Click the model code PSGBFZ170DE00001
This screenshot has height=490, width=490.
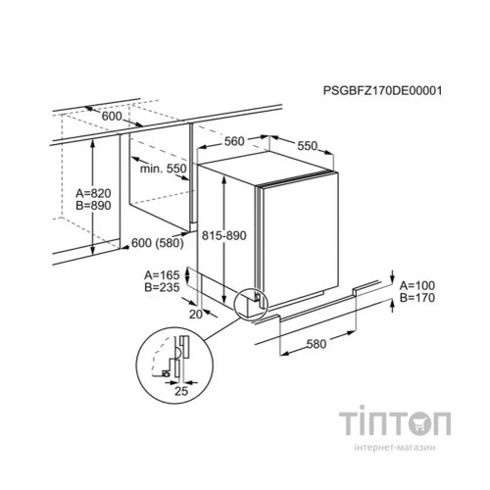click(382, 90)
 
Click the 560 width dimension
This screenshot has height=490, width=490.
click(234, 141)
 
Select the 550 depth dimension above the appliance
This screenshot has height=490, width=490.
click(307, 146)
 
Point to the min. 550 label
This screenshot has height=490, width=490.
click(163, 169)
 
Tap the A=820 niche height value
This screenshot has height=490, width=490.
click(93, 193)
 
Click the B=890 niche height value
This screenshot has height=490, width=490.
click(93, 206)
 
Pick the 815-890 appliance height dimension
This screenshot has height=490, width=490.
click(223, 235)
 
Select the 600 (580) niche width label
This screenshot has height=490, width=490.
click(157, 243)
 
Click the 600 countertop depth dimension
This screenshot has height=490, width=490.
click(112, 116)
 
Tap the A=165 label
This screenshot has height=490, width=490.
click(162, 275)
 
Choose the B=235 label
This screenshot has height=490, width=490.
click(162, 287)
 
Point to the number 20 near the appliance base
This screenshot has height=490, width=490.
click(196, 315)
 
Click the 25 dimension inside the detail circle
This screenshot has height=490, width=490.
click(181, 391)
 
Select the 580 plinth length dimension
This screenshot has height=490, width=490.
click(317, 344)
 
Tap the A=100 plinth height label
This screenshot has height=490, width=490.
click(417, 286)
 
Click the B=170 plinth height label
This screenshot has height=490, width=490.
click(417, 298)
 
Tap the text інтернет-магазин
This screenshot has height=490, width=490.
click(395, 448)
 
